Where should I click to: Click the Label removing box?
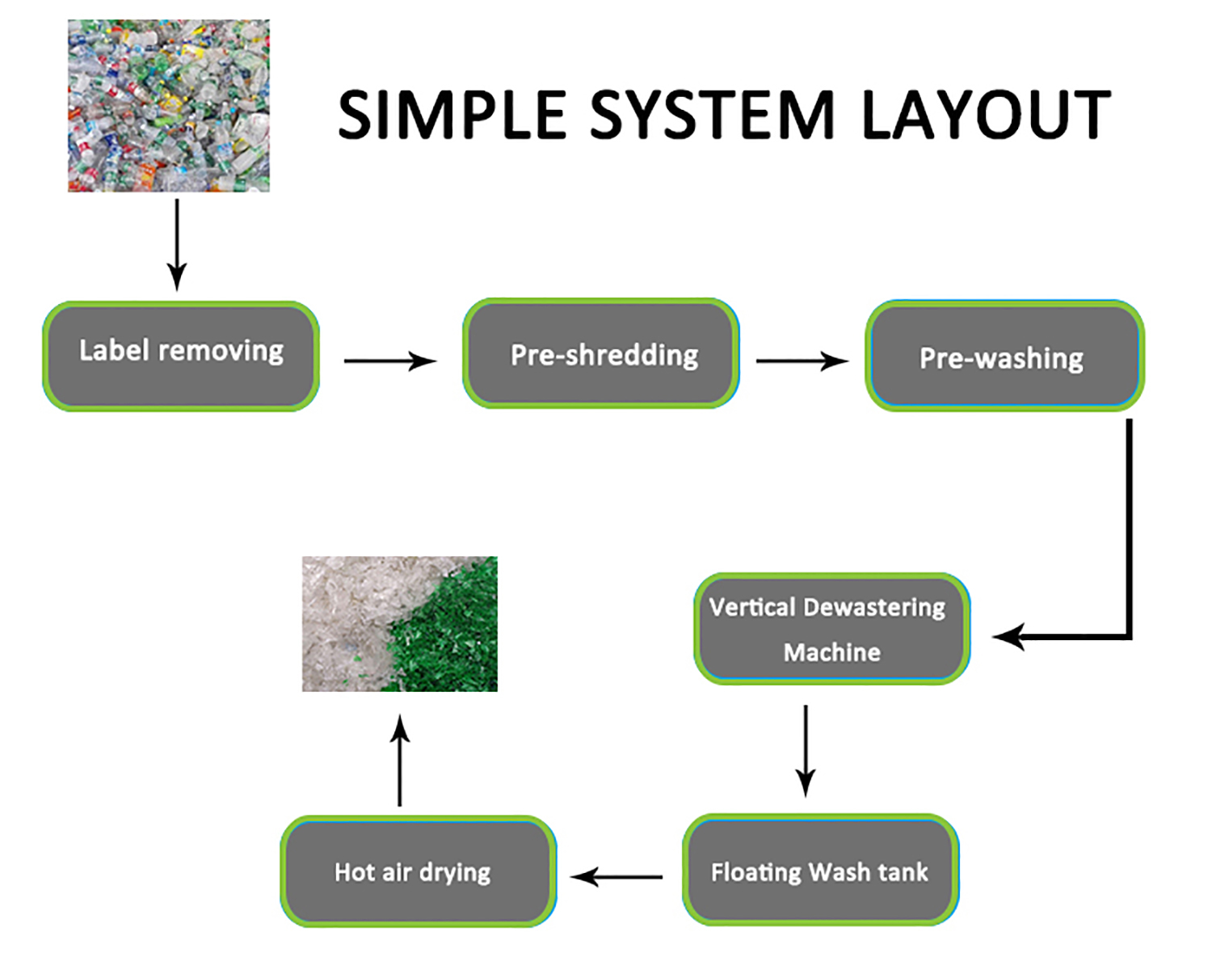click(181, 356)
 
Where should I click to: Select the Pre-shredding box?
click(601, 353)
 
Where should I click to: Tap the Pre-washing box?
click(1004, 356)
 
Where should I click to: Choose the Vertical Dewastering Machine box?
click(831, 629)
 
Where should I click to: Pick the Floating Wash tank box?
click(820, 870)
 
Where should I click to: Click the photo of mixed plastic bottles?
click(168, 106)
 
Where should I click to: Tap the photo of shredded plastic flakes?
click(399, 623)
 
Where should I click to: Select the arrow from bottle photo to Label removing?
click(177, 242)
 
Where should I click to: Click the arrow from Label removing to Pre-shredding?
click(390, 361)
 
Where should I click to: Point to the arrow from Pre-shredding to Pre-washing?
click(802, 361)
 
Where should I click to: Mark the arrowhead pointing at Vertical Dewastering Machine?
click(1008, 637)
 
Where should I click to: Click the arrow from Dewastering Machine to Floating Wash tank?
click(806, 750)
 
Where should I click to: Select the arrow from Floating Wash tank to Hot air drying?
click(616, 876)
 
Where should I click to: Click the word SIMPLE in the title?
click(451, 115)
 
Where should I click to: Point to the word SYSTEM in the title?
click(712, 115)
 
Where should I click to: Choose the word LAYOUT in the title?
click(987, 115)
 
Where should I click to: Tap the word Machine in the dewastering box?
click(832, 652)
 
